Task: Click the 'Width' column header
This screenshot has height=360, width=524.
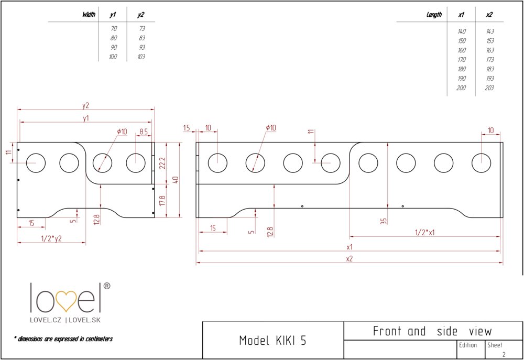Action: (x=89, y=15)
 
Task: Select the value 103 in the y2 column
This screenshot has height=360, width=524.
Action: (x=140, y=57)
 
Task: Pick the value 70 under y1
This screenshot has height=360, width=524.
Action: (x=114, y=28)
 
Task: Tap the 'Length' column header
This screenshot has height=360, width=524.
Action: (x=434, y=15)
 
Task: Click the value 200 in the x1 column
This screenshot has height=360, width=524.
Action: (x=461, y=88)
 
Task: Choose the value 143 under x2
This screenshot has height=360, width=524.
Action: (x=489, y=31)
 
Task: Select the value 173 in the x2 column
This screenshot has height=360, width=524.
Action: (x=489, y=60)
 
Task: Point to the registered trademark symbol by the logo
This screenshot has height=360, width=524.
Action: (x=106, y=286)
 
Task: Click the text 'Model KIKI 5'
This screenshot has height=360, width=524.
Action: (x=272, y=341)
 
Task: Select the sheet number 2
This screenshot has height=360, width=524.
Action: (x=504, y=354)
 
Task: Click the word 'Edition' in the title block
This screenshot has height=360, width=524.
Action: (x=468, y=345)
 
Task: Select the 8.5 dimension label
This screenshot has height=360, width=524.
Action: (x=144, y=131)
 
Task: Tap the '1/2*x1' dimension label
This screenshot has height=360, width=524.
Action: (x=424, y=232)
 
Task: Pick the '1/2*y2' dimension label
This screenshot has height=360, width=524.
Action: (x=51, y=239)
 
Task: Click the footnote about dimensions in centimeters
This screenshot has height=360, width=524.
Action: (x=63, y=339)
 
